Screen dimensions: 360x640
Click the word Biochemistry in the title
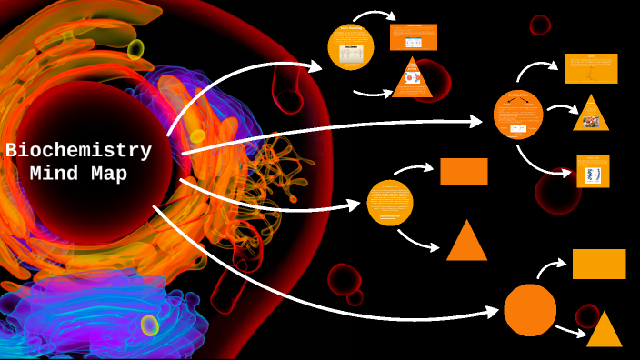click(78, 151)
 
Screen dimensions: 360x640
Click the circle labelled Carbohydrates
click(518, 115)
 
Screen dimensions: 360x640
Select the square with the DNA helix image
click(593, 172)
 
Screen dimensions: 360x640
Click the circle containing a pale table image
click(351, 47)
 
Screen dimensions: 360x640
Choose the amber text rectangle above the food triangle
click(591, 68)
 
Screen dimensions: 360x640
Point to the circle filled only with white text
click(390, 203)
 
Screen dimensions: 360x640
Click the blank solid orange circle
click(530, 310)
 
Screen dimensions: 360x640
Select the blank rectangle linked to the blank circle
click(599, 264)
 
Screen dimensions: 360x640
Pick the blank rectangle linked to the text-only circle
click(464, 171)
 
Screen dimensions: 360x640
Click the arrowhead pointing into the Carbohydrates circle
click(477, 121)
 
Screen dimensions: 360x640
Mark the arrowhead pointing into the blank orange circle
click(493, 312)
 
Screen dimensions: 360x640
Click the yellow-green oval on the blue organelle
click(149, 325)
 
